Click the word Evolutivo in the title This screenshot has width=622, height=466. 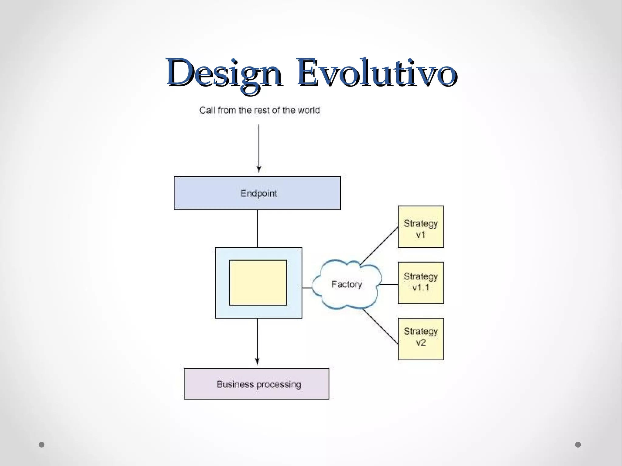377,73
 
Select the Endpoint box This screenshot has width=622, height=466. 257,193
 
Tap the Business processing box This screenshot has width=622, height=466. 256,384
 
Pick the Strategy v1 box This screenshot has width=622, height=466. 421,227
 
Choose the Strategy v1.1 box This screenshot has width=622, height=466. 421,283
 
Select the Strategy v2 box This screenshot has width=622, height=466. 421,339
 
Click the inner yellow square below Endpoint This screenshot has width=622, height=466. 258,283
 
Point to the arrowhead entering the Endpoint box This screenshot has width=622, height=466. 259,170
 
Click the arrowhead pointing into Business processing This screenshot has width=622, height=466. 257,361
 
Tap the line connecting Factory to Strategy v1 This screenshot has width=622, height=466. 379,245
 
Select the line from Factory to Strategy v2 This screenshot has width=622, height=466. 380,326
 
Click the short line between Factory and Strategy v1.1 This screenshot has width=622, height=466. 389,284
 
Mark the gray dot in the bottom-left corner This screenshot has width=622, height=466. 42,444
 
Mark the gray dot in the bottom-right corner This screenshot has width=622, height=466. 578,444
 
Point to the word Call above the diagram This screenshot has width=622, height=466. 207,110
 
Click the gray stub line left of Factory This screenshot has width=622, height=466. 307,287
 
